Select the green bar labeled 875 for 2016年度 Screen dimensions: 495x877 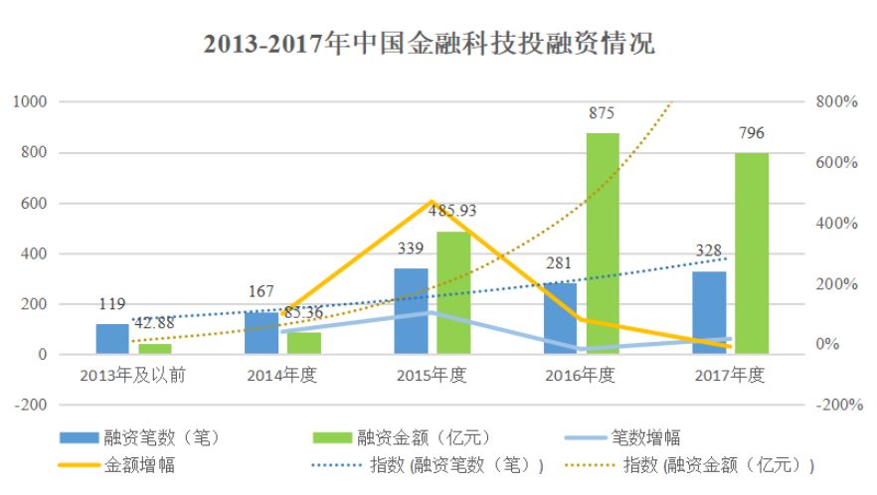pos(603,244)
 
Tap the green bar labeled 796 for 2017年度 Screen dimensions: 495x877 pos(752,253)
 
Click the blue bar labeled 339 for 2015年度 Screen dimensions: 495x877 pos(411,311)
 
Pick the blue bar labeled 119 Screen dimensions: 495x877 pos(112,339)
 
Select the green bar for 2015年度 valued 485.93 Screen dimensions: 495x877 pos(453,293)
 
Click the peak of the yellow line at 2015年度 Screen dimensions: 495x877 pos(433,202)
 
